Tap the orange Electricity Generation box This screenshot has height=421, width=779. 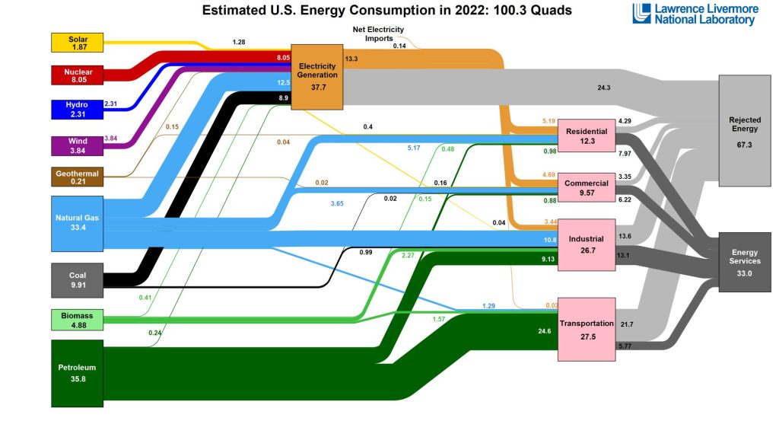click(317, 75)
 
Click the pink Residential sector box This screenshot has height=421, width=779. click(587, 136)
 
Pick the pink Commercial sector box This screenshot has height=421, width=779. click(587, 187)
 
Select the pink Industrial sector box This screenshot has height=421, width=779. click(587, 244)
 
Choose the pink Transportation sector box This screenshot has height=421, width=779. click(587, 329)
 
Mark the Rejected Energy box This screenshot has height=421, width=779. click(745, 131)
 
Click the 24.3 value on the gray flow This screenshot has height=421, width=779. click(604, 88)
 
